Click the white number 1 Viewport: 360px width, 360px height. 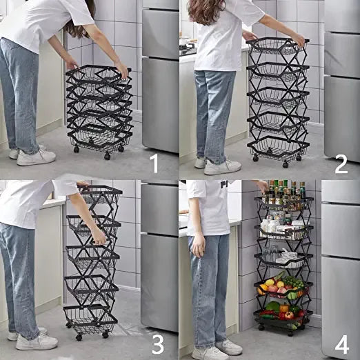click(x=154, y=163)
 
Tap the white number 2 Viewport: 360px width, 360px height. click(x=341, y=163)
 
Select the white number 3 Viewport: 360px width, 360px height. click(x=158, y=344)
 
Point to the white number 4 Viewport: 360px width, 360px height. click(x=342, y=344)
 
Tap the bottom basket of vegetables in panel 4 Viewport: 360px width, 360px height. click(x=283, y=316)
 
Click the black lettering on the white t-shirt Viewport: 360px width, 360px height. click(x=224, y=184)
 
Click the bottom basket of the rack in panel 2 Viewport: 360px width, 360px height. click(x=278, y=148)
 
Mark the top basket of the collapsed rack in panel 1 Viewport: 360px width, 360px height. click(x=98, y=74)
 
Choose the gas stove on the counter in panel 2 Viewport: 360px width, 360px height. click(x=187, y=48)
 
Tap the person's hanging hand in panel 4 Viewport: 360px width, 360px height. click(x=198, y=246)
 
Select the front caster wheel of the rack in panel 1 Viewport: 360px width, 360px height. click(x=107, y=157)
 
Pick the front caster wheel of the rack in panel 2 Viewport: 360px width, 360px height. click(x=285, y=164)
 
